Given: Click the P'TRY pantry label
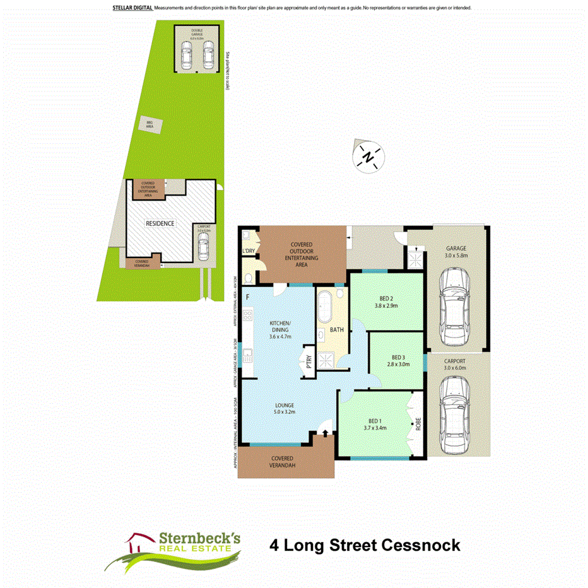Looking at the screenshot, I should [x=309, y=362].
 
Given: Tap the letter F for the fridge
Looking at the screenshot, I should [x=248, y=297].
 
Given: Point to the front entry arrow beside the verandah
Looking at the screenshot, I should [x=326, y=433].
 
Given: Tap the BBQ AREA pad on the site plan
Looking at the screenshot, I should [x=150, y=125].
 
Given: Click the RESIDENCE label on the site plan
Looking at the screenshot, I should [x=160, y=223].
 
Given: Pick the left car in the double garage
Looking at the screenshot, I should [x=186, y=56].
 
